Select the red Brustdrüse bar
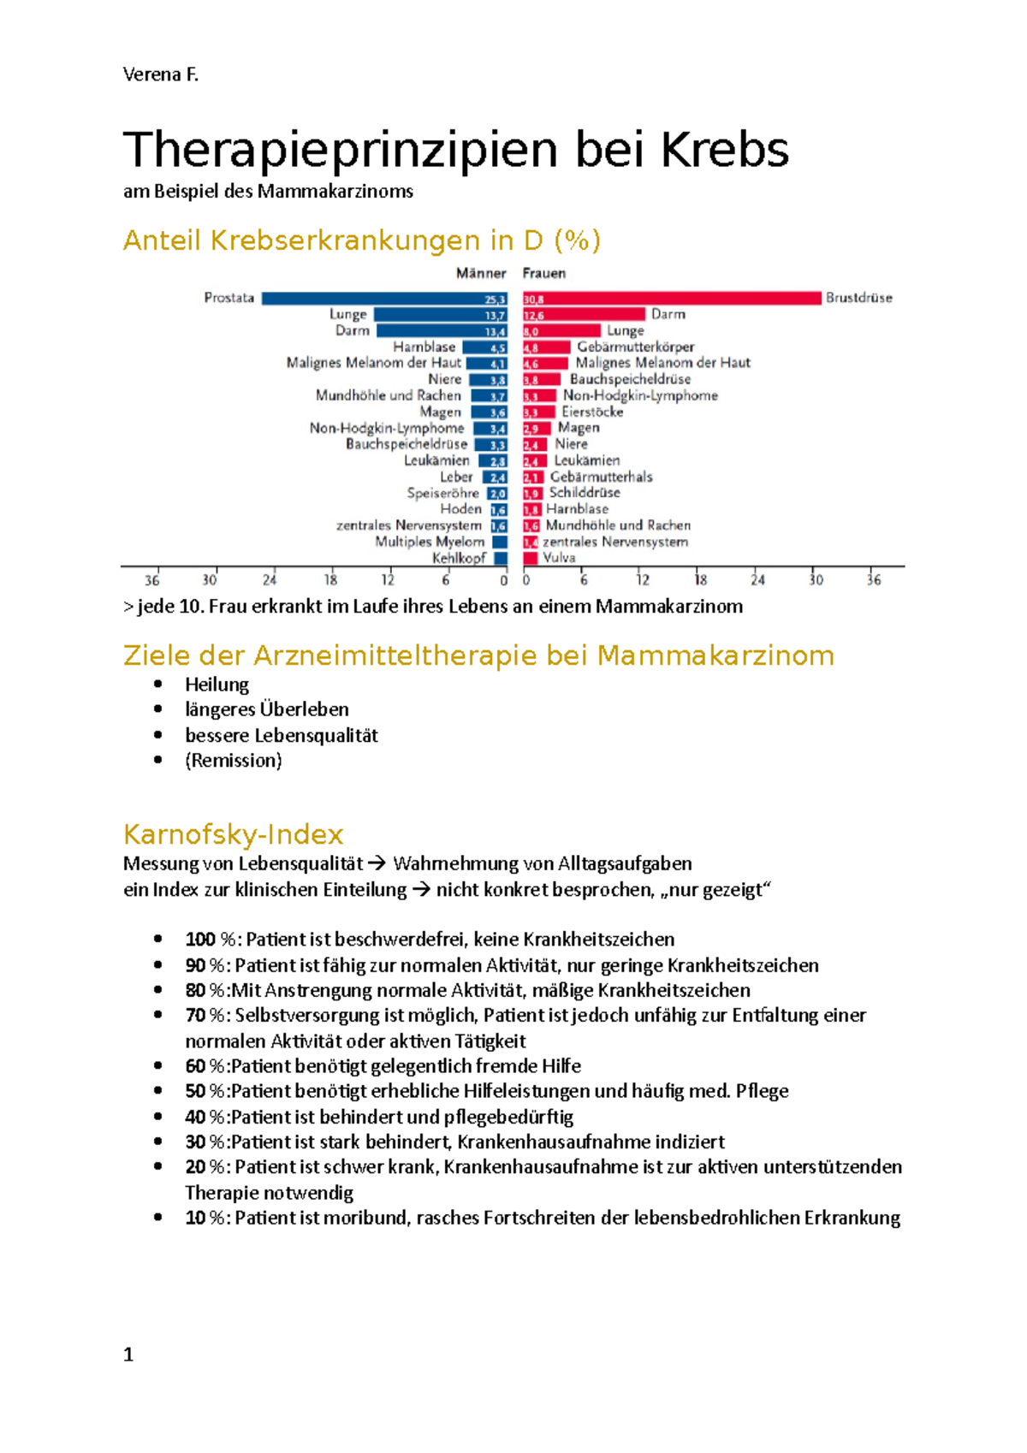(x=672, y=299)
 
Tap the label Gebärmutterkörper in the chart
(x=635, y=347)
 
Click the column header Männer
(x=481, y=273)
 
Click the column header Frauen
(x=544, y=273)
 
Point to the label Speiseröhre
(x=442, y=493)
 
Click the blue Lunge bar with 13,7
(x=440, y=315)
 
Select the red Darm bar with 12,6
(x=584, y=315)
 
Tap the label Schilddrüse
(x=585, y=492)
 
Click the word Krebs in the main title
(x=724, y=150)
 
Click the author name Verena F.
(x=160, y=74)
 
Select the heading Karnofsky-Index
(x=233, y=834)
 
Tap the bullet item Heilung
(x=217, y=685)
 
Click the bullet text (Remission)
(x=233, y=760)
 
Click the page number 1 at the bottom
(x=128, y=1355)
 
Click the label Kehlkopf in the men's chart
(x=459, y=558)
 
